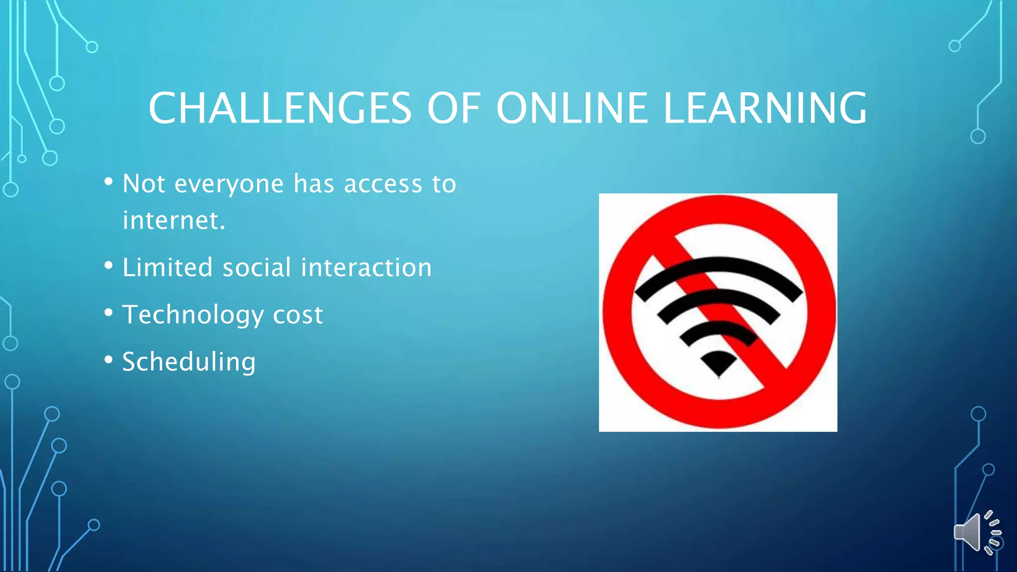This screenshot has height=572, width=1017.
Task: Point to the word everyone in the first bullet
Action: [229, 184]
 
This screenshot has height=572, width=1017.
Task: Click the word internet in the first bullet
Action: [174, 220]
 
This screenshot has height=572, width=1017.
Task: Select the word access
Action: [383, 184]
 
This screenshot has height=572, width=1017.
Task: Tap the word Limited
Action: [167, 268]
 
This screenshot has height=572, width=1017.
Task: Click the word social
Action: [257, 268]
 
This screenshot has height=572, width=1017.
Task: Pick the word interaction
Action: [366, 268]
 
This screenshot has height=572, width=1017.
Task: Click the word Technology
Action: [193, 315]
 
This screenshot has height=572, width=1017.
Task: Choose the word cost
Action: [298, 315]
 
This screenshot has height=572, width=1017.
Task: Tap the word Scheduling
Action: [189, 362]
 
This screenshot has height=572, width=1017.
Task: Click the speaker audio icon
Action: [976, 533]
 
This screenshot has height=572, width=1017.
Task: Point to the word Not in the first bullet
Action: [144, 184]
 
